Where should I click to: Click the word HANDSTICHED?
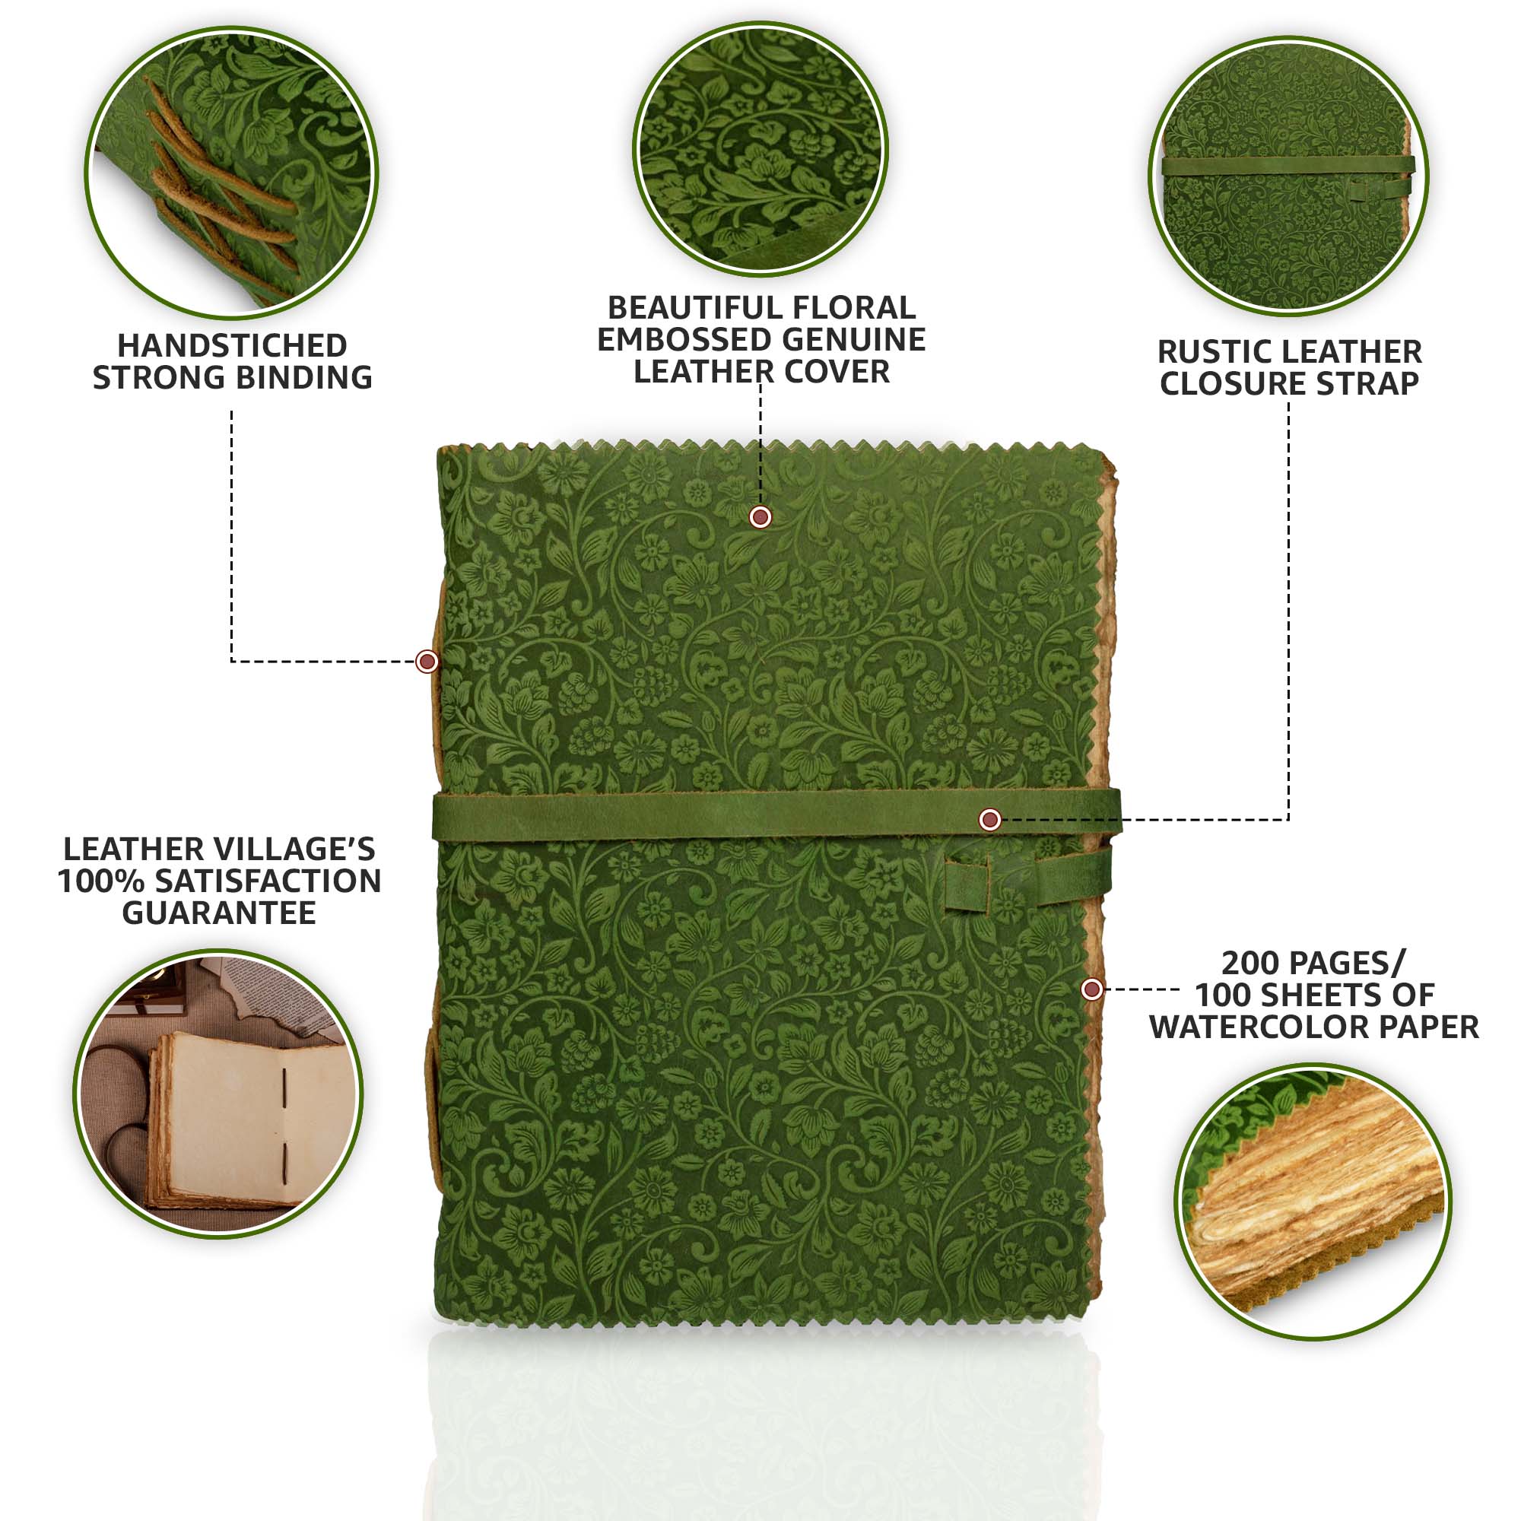[232, 345]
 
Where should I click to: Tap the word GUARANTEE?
[219, 913]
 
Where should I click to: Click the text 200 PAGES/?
[1313, 962]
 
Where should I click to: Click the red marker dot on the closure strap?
[989, 820]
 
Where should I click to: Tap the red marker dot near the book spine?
[427, 661]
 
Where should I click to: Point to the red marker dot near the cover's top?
[760, 516]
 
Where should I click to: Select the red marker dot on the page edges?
[1091, 989]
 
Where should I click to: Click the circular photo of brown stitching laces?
[231, 173]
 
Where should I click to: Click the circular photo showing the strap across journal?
[1289, 176]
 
